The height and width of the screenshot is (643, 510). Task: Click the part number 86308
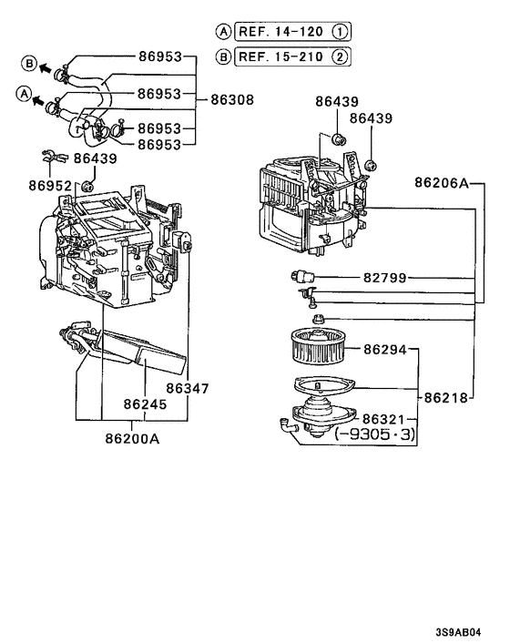[232, 99]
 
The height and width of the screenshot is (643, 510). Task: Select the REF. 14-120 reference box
[280, 32]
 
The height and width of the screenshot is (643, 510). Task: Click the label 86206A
[441, 182]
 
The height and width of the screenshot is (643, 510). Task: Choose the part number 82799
[385, 278]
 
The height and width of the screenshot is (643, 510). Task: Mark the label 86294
[385, 349]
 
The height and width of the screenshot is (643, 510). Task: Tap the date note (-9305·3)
[375, 435]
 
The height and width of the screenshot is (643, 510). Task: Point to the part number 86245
[146, 403]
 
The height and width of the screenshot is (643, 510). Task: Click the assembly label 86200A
[132, 437]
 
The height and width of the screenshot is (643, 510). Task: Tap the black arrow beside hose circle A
[41, 95]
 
